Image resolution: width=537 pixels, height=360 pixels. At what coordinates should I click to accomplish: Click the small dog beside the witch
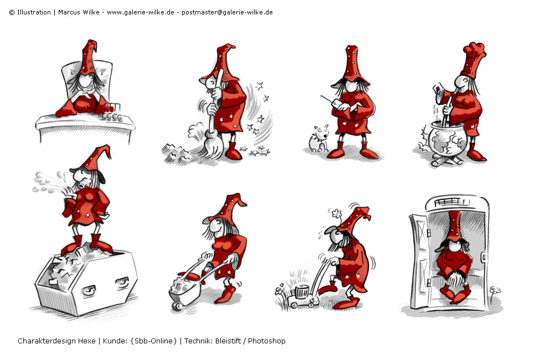click(x=318, y=139)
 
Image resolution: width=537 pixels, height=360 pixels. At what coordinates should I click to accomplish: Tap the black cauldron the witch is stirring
click(x=447, y=138)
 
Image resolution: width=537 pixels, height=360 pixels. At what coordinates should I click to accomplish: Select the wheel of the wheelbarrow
click(x=177, y=306)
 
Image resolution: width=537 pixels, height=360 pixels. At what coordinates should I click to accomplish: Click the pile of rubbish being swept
click(x=177, y=154)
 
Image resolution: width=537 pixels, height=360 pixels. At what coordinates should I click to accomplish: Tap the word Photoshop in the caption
click(x=266, y=341)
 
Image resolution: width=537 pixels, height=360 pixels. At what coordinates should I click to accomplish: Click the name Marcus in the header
click(x=69, y=12)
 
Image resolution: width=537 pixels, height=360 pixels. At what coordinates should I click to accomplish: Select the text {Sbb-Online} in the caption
click(x=153, y=341)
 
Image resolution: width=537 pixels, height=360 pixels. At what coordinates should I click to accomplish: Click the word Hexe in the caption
click(x=87, y=341)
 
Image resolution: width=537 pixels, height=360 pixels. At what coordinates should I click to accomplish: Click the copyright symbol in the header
click(x=12, y=13)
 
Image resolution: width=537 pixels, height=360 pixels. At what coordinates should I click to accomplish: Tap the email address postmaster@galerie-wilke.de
click(x=227, y=12)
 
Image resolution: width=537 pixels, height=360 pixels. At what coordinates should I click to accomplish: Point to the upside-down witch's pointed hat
click(x=455, y=225)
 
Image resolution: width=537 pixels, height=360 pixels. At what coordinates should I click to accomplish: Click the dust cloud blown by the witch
click(x=49, y=182)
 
